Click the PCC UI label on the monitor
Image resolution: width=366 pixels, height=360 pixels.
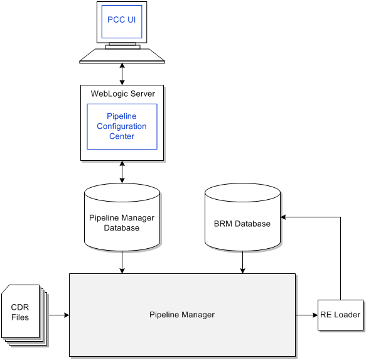coord(122,19)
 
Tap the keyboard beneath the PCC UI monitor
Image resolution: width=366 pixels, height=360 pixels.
coord(122,57)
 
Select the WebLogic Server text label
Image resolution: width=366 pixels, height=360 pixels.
coord(122,94)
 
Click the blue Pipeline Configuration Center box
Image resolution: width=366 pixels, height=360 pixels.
coord(122,126)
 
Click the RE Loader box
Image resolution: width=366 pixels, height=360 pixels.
coord(340,315)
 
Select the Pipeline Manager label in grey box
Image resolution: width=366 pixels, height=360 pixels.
coord(182,315)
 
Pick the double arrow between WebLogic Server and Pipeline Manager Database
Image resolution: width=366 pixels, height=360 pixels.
coord(122,172)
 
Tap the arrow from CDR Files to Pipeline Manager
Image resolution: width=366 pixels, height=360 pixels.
coord(58,314)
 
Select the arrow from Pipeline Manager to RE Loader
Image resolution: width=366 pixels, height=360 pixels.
coord(306,314)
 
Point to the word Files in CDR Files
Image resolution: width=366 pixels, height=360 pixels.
coord(20,317)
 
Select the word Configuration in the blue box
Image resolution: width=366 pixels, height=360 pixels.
coord(122,126)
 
